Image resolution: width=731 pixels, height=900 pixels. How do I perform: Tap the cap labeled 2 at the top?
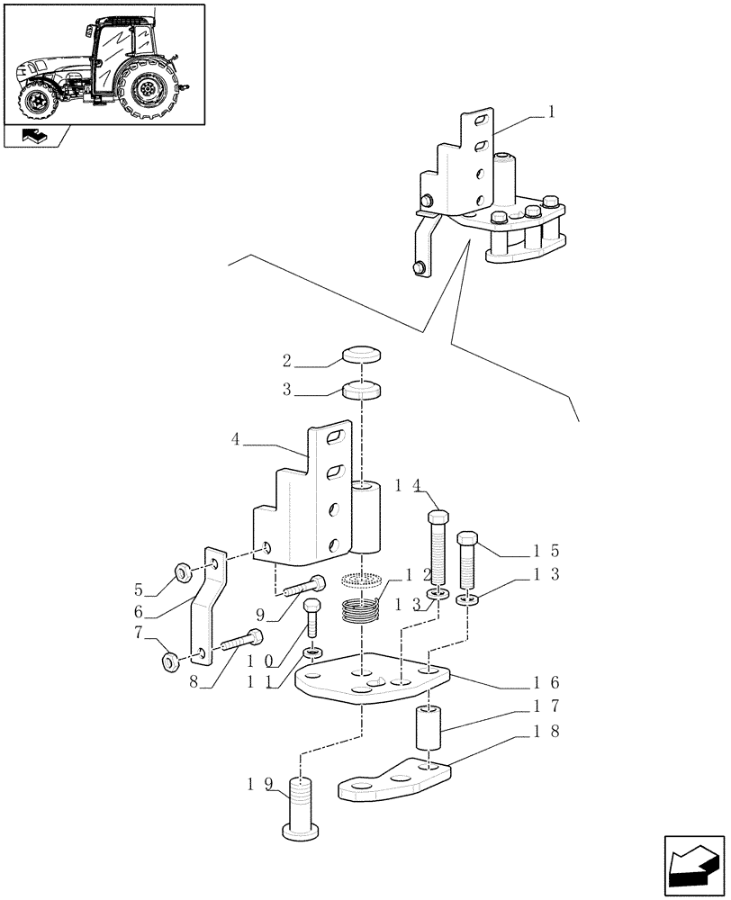point(360,355)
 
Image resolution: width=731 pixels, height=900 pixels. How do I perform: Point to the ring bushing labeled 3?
point(360,391)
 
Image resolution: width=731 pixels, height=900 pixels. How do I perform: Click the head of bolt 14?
point(438,518)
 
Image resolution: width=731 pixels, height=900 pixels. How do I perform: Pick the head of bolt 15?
point(468,538)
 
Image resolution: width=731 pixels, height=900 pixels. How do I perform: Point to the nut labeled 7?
point(171,663)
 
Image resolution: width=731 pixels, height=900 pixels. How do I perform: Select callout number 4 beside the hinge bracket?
point(236,440)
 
